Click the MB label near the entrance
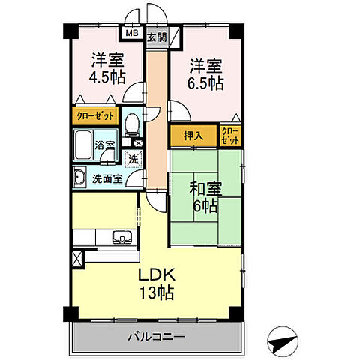(132, 34)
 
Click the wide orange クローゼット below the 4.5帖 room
(94, 117)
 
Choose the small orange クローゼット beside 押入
(230, 136)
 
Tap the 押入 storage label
(193, 136)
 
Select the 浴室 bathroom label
(103, 144)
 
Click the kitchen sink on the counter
(121, 238)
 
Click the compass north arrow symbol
(283, 341)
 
